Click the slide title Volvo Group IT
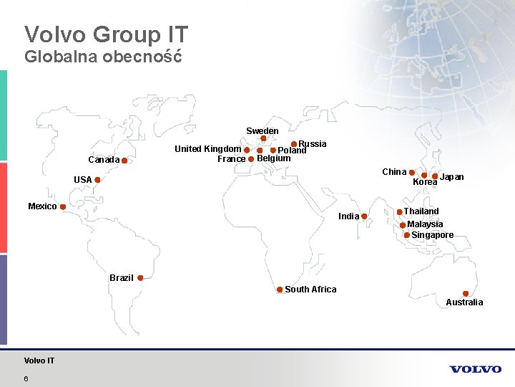pyautogui.click(x=106, y=34)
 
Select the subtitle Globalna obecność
pyautogui.click(x=103, y=57)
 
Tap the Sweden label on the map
pyautogui.click(x=263, y=131)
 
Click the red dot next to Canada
pyautogui.click(x=124, y=161)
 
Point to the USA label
pyautogui.click(x=82, y=180)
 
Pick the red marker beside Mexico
pyautogui.click(x=63, y=207)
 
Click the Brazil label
pyautogui.click(x=122, y=278)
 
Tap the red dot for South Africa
pyautogui.click(x=280, y=290)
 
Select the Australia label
pyautogui.click(x=464, y=302)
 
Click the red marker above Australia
pyautogui.click(x=466, y=293)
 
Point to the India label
pyautogui.click(x=349, y=216)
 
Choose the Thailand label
pyautogui.click(x=421, y=211)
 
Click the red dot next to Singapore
pyautogui.click(x=407, y=235)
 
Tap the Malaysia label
pyautogui.click(x=425, y=224)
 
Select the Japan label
pyautogui.click(x=451, y=177)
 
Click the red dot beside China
pyautogui.click(x=412, y=173)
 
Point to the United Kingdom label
pyautogui.click(x=208, y=149)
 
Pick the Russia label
pyautogui.click(x=313, y=144)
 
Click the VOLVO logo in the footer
pyautogui.click(x=476, y=369)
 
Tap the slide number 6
pyautogui.click(x=26, y=378)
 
